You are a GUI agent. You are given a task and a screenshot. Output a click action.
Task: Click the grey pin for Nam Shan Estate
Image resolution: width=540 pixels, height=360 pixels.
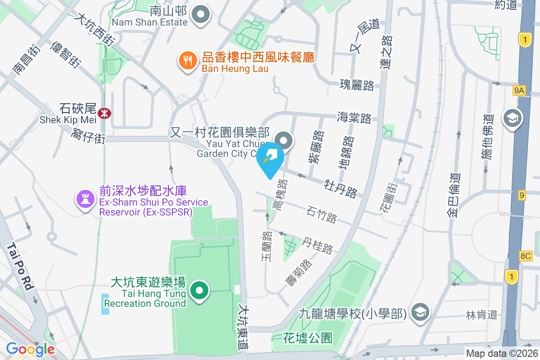pos(201,15)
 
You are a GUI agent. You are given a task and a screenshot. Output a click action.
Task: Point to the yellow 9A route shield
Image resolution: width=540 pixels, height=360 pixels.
pos(519,91)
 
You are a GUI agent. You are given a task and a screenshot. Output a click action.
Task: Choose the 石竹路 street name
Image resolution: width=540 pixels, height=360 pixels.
pos(322,215)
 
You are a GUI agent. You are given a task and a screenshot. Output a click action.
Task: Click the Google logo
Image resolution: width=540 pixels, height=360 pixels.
pos(30,349)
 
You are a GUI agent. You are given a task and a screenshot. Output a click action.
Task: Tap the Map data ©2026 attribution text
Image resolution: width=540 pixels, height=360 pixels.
pos(502,353)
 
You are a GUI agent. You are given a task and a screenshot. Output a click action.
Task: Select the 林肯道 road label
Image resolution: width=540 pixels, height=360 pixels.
pos(482,315)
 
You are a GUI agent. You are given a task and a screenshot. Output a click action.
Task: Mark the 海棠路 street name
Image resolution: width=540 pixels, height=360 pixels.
pos(354,118)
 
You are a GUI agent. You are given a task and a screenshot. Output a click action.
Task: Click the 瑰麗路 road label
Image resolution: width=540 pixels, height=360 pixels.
pos(357,85)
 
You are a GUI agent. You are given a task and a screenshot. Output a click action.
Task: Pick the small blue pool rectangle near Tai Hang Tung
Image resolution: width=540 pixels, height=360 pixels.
pos(105,304)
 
